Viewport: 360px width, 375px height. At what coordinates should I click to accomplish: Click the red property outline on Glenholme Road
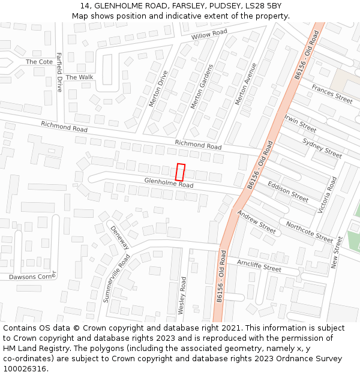(180, 172)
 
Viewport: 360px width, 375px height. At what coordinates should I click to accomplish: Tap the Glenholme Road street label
(169, 183)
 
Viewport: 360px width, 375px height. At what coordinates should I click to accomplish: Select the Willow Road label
(209, 35)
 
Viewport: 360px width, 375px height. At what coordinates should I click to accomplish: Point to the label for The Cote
(39, 62)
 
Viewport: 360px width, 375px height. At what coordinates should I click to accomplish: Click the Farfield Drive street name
(59, 72)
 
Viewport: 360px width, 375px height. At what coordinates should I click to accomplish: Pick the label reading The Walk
(80, 77)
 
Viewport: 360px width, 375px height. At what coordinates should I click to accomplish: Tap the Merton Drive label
(159, 89)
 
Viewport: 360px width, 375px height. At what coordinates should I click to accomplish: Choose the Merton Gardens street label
(202, 86)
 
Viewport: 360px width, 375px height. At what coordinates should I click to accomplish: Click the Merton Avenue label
(246, 84)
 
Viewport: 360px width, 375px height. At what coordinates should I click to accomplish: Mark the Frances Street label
(332, 94)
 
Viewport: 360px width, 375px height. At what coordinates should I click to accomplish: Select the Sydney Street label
(322, 148)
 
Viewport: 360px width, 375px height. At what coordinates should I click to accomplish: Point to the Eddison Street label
(288, 191)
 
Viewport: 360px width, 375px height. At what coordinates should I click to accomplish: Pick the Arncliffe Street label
(259, 265)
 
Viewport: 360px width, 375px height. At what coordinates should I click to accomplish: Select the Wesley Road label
(182, 295)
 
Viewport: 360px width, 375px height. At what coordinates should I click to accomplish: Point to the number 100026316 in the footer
(26, 368)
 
